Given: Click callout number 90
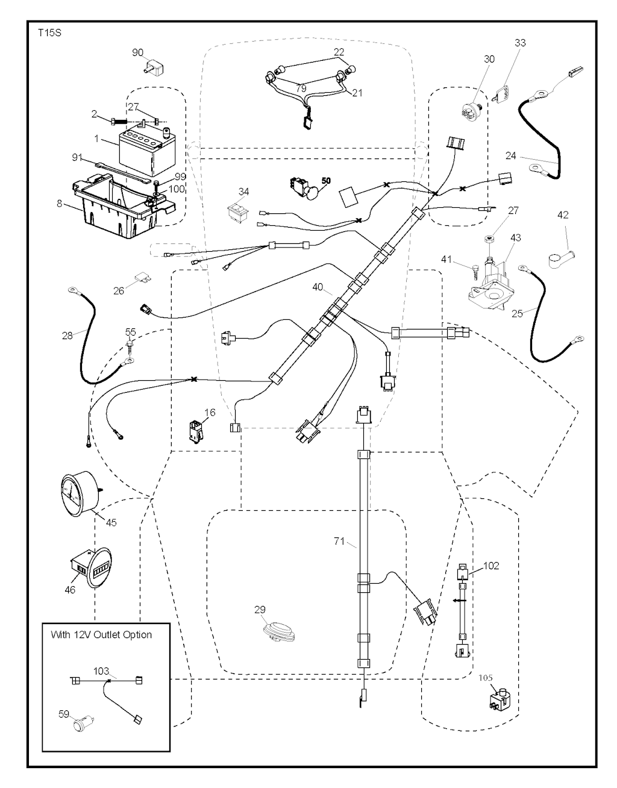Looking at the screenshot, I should (138, 53).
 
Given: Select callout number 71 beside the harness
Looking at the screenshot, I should (339, 542).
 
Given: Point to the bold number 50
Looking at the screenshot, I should (326, 180).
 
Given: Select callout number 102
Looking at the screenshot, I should (491, 566).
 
